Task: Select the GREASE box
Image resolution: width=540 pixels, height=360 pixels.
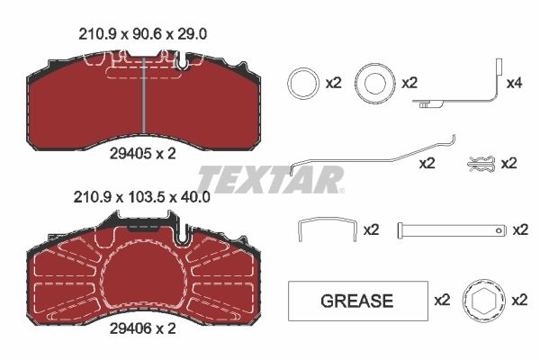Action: [357, 301]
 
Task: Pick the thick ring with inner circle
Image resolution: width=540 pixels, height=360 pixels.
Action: [373, 84]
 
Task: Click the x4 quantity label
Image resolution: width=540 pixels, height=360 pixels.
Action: [514, 84]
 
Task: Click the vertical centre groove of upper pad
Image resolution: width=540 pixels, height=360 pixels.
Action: [144, 94]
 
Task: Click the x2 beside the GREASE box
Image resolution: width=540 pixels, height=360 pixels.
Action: [442, 301]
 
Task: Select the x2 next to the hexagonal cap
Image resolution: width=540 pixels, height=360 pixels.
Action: [520, 301]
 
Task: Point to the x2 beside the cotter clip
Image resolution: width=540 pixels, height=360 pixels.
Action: [508, 164]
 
